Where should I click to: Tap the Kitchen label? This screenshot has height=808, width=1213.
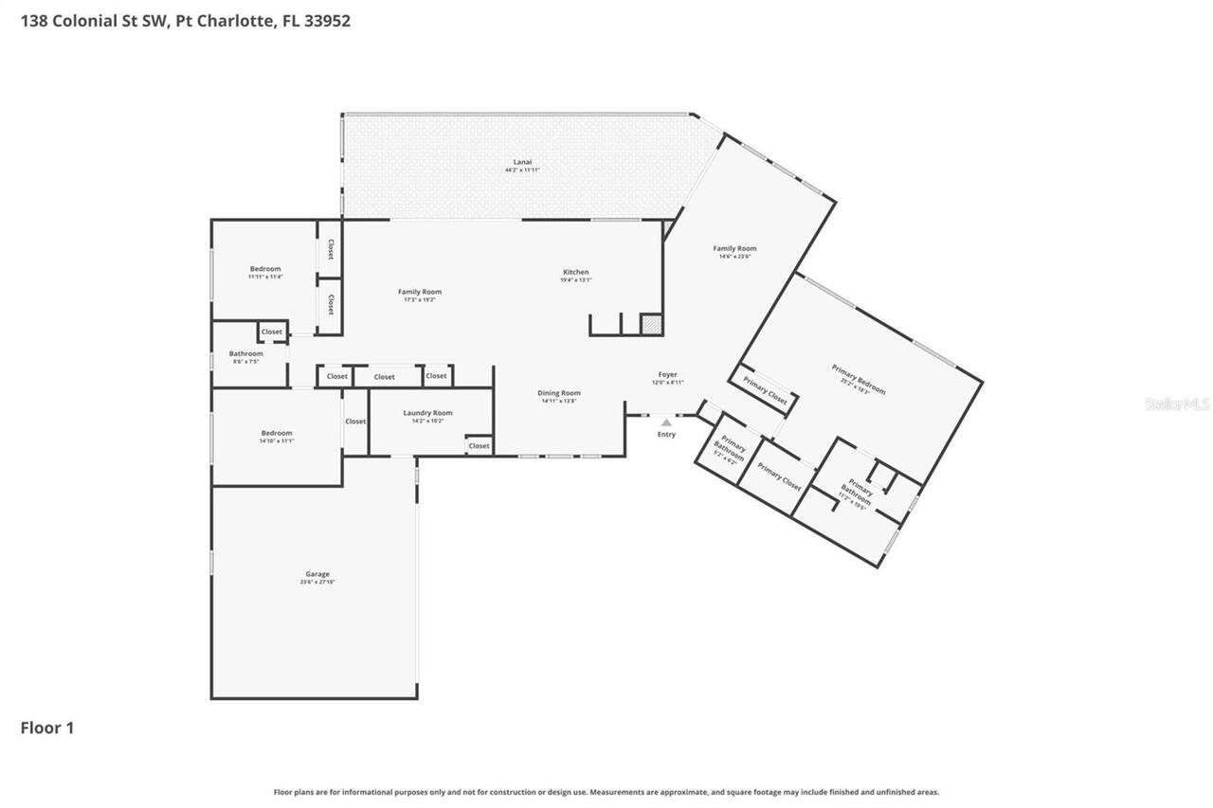tap(575, 276)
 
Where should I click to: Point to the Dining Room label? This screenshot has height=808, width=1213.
tap(559, 396)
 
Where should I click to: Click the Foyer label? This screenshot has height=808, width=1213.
tap(667, 378)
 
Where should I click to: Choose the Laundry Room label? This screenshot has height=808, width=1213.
tap(427, 416)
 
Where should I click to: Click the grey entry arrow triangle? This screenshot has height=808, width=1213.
tap(666, 422)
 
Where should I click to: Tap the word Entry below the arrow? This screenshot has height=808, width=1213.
tap(666, 434)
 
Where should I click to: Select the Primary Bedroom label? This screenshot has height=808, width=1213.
tap(859, 379)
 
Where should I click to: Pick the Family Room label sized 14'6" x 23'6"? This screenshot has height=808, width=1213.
tap(734, 252)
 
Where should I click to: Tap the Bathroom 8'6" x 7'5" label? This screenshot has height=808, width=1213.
tap(245, 357)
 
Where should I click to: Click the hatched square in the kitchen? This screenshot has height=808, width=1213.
tap(651, 324)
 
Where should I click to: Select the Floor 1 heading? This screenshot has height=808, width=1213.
tap(47, 727)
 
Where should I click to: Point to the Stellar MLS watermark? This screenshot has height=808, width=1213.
tap(1177, 404)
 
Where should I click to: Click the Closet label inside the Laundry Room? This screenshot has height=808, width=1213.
tap(479, 445)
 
